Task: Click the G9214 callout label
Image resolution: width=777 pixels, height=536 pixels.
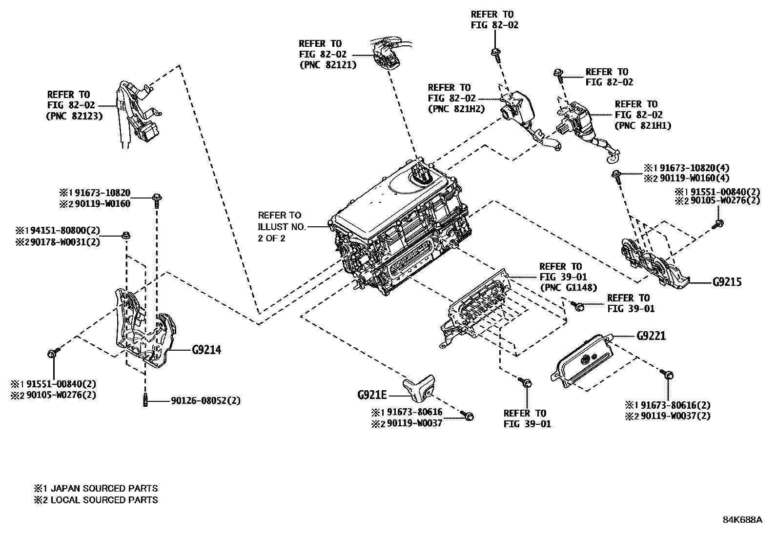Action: click(x=206, y=350)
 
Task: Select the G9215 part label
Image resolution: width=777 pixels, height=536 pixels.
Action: click(x=727, y=282)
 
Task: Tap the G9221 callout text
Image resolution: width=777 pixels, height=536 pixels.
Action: click(x=651, y=336)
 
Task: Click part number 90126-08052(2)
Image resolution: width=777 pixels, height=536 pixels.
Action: click(x=205, y=401)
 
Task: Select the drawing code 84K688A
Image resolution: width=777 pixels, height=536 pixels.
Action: click(x=742, y=519)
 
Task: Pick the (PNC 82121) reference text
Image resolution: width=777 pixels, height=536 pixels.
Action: click(x=327, y=64)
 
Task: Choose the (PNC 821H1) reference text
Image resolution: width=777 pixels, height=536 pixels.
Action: click(x=643, y=125)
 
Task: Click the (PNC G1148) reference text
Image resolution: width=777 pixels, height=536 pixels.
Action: click(x=568, y=288)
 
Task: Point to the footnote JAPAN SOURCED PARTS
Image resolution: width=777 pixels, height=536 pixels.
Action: click(x=104, y=488)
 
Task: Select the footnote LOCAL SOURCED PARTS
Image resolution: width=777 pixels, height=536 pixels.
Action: click(x=104, y=500)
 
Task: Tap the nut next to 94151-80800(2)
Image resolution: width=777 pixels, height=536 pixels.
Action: click(x=126, y=236)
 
